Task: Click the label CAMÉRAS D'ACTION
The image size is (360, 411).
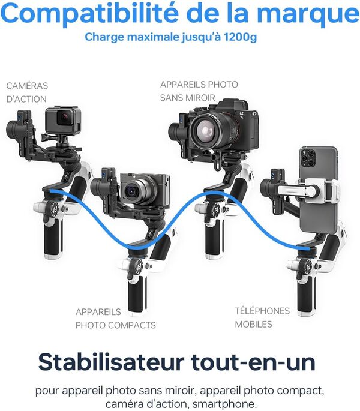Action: pos(26,92)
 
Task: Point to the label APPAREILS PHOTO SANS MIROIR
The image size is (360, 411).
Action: pos(199,91)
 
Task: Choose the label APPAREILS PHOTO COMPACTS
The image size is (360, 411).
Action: pos(115,319)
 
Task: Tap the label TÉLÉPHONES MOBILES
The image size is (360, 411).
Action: pos(262,317)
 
